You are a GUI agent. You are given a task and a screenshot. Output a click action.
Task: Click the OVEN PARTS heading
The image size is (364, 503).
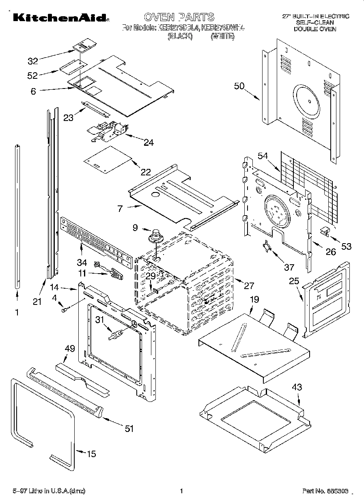tap(179, 17)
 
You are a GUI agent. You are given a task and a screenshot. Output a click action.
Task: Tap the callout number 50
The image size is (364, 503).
tap(239, 86)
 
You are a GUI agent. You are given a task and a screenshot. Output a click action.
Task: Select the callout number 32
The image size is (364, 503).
tap(32, 61)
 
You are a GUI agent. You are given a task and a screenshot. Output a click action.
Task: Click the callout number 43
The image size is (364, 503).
tap(297, 387)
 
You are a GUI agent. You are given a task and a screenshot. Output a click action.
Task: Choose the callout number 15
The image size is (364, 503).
tap(92, 454)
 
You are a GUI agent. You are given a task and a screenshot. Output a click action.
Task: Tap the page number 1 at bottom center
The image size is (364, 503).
tap(181, 491)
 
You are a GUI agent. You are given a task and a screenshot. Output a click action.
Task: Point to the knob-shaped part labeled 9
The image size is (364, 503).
tap(155, 235)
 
